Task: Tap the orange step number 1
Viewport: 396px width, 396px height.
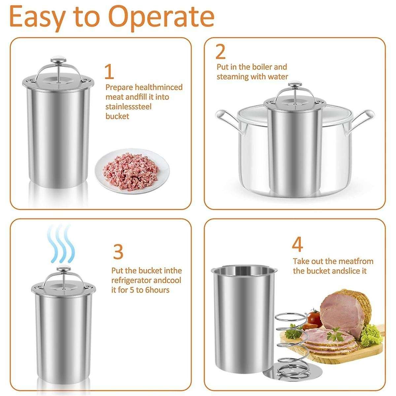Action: (109, 72)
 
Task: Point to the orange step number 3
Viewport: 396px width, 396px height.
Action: (118, 251)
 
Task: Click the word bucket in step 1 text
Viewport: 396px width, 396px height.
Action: (117, 116)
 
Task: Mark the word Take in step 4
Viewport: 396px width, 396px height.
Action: (301, 261)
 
